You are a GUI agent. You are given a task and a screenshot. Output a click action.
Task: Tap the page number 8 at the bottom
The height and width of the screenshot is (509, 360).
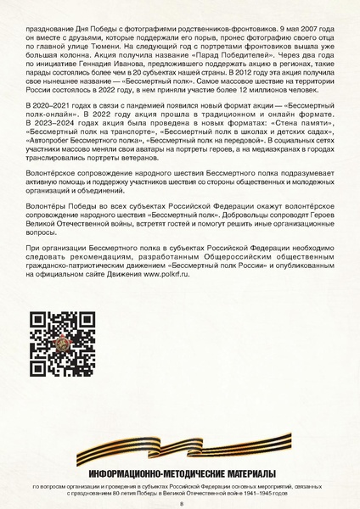click(x=180, y=502)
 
